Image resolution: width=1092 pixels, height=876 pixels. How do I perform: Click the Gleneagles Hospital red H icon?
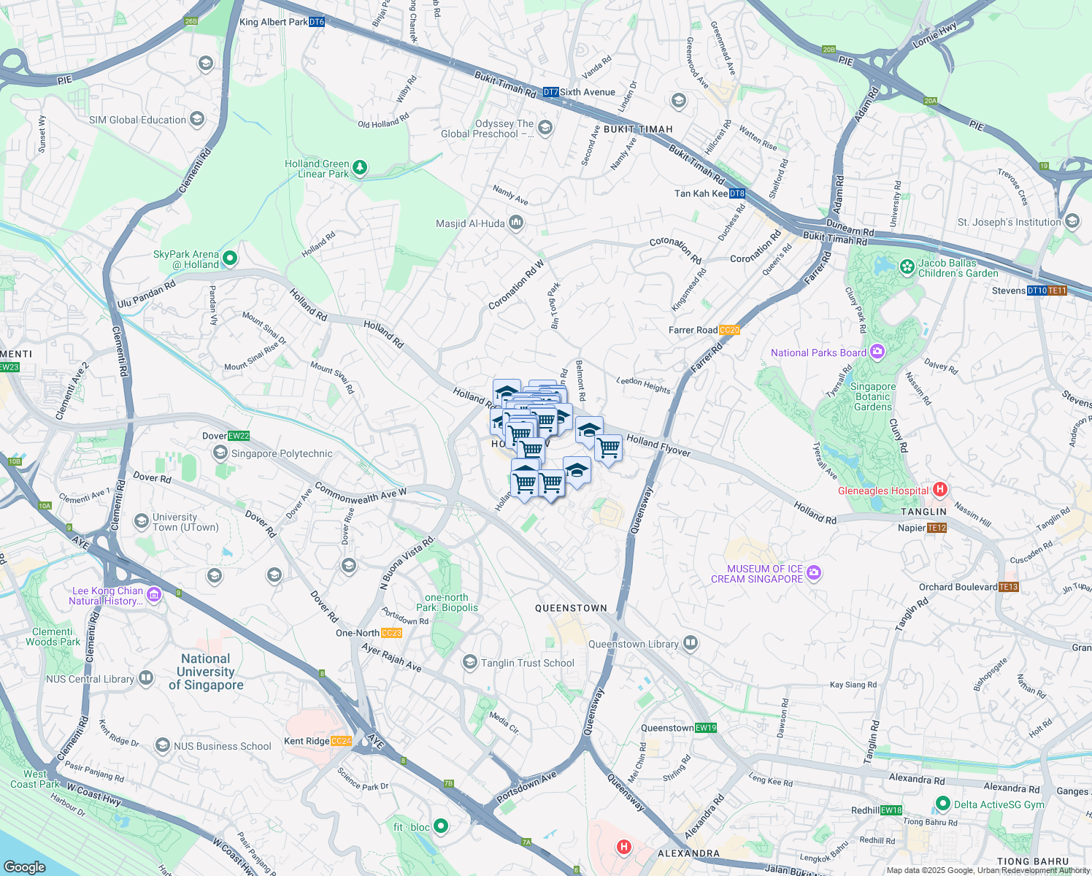click(940, 490)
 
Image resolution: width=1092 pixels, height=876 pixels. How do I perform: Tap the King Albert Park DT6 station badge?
click(316, 22)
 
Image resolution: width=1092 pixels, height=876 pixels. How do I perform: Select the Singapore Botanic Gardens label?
click(873, 396)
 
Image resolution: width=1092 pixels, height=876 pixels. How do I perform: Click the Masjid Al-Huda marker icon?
click(516, 223)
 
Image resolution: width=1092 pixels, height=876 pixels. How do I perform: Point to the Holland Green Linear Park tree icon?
click(360, 169)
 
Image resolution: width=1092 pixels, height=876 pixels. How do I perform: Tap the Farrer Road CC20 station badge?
click(729, 330)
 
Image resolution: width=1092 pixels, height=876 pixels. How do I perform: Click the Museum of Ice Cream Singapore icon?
click(814, 573)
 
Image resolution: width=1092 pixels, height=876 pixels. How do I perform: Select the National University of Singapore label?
click(206, 672)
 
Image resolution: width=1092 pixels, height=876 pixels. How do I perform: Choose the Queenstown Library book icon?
click(691, 643)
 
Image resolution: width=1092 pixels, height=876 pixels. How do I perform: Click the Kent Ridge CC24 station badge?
click(341, 741)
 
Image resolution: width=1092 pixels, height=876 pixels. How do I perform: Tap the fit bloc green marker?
click(440, 826)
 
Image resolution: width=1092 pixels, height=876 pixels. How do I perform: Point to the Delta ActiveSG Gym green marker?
click(942, 804)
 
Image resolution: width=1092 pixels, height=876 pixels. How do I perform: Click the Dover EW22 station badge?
click(239, 436)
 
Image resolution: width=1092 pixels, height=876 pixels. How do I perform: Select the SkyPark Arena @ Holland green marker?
click(230, 258)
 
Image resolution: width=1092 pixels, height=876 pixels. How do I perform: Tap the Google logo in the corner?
click(25, 867)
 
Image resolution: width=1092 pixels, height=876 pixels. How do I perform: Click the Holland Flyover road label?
click(658, 445)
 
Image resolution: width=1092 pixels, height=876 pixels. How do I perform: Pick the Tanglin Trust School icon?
click(470, 662)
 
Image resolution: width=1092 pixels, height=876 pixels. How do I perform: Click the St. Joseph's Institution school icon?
click(1072, 221)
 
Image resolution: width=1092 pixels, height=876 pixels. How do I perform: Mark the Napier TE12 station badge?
click(937, 528)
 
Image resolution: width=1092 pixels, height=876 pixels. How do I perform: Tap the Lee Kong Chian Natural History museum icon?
click(154, 595)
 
